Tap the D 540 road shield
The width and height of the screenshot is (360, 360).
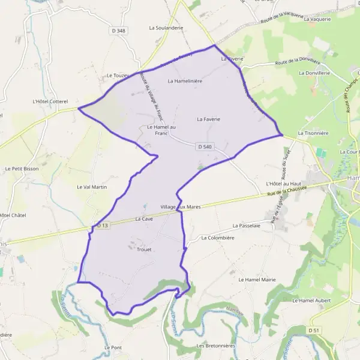[x=204, y=146]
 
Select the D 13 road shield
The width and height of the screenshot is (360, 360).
[x=102, y=226]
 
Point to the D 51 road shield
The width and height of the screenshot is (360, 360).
[x=313, y=330]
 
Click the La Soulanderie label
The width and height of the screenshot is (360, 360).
[x=166, y=28]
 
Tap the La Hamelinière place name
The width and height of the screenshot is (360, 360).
[x=185, y=80]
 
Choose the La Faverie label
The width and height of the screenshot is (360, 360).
[x=209, y=119]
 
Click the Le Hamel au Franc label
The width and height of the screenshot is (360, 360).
[x=161, y=130]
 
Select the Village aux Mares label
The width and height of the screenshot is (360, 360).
[x=181, y=206]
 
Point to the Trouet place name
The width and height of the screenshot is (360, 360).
[x=145, y=249]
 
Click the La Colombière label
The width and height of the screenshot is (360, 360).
[x=217, y=238]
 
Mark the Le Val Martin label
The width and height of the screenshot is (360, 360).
[x=92, y=187]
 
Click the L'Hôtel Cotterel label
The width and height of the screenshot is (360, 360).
[x=51, y=101]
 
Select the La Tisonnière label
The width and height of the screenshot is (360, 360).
[x=315, y=133]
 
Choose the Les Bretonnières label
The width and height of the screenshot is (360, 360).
[x=216, y=346]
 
